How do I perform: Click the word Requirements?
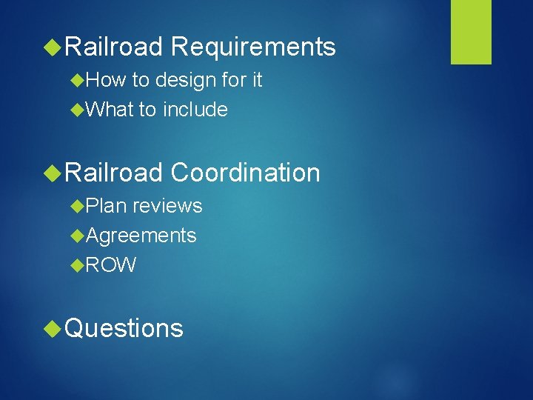click(253, 48)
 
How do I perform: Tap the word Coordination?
click(245, 173)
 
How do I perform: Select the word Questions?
click(124, 328)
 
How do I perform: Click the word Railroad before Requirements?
click(114, 47)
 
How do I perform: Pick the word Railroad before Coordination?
click(114, 173)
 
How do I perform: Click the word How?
click(106, 80)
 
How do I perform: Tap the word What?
click(110, 110)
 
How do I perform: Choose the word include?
click(195, 110)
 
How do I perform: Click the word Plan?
click(107, 206)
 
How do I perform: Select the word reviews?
click(167, 206)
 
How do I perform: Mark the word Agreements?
click(141, 236)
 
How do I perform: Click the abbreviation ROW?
click(112, 265)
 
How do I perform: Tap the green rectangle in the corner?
click(471, 32)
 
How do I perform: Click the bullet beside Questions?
click(53, 328)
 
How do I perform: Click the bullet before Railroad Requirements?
click(53, 47)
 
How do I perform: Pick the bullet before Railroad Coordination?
click(53, 173)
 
